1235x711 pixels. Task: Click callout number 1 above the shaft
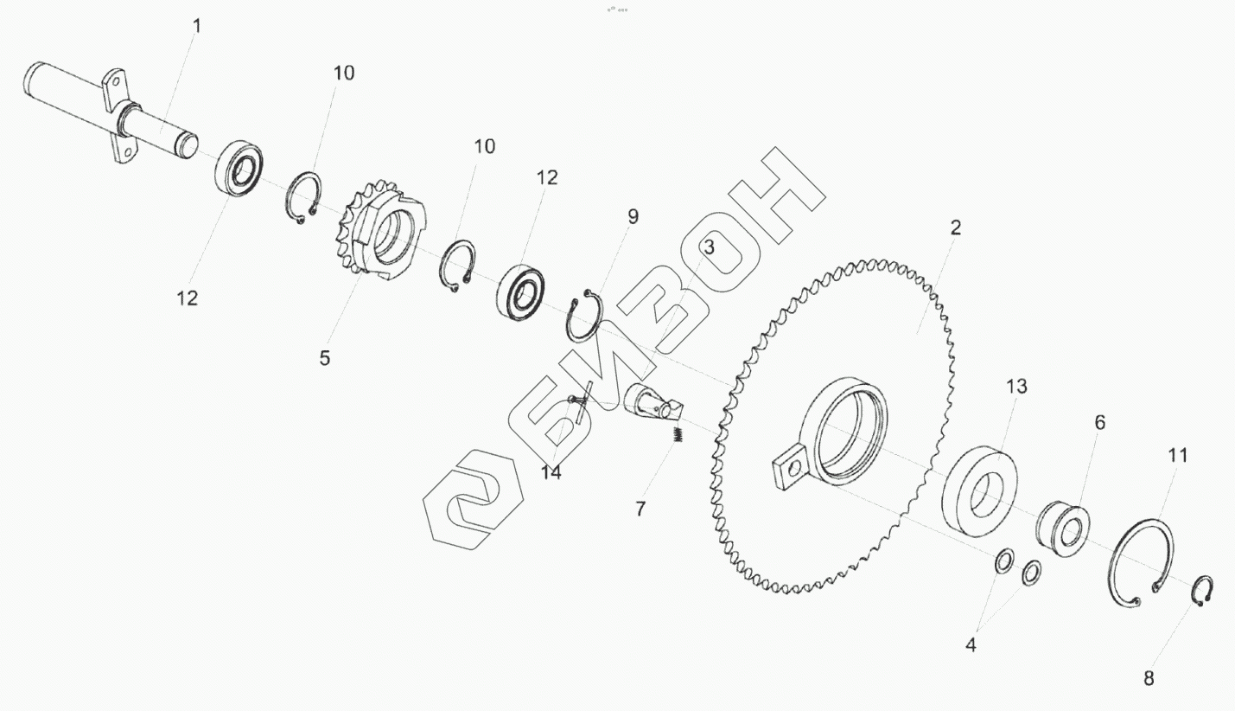tap(197, 26)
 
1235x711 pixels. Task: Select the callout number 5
tap(325, 358)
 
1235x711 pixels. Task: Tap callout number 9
tap(633, 217)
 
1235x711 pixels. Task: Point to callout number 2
tap(956, 227)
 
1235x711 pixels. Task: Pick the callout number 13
tap(1016, 386)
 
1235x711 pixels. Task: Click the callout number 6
tap(1100, 422)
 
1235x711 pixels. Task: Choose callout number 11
tap(1178, 455)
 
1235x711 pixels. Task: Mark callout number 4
tap(971, 644)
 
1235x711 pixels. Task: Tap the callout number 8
tap(1149, 678)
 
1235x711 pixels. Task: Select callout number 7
tap(640, 509)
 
